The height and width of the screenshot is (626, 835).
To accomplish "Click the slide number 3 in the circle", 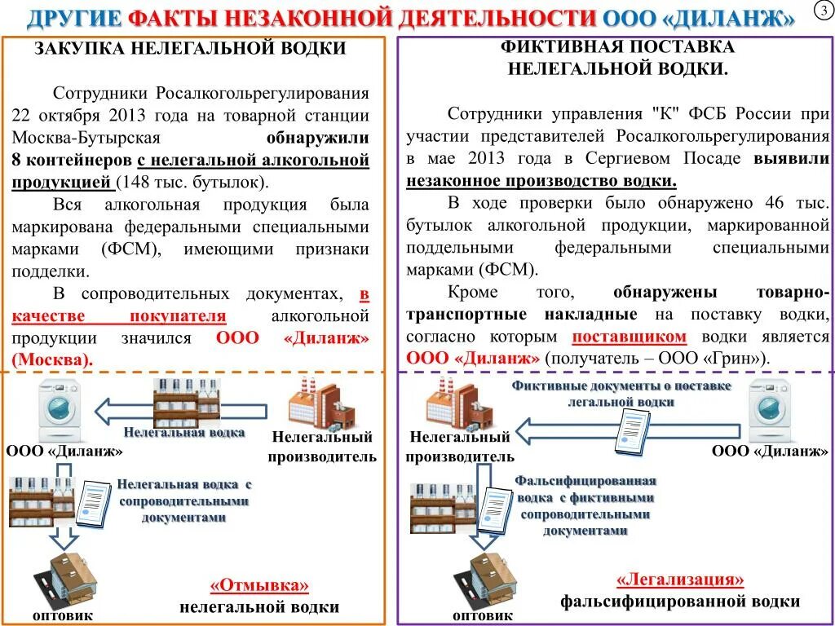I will click(821, 11).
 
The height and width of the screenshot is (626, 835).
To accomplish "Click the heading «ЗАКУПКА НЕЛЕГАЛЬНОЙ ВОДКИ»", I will click(190, 49).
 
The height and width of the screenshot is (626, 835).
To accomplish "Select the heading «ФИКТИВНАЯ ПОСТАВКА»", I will click(616, 47).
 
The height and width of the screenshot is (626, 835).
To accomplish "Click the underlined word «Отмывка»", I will click(260, 586).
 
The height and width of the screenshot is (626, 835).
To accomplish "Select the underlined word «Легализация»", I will click(680, 580).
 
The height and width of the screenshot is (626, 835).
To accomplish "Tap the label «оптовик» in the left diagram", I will click(63, 616).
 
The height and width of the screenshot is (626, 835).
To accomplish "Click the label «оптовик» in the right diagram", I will click(483, 615).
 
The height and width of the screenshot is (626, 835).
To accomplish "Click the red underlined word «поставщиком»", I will click(630, 337).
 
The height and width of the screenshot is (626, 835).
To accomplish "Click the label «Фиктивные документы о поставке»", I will click(621, 386).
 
